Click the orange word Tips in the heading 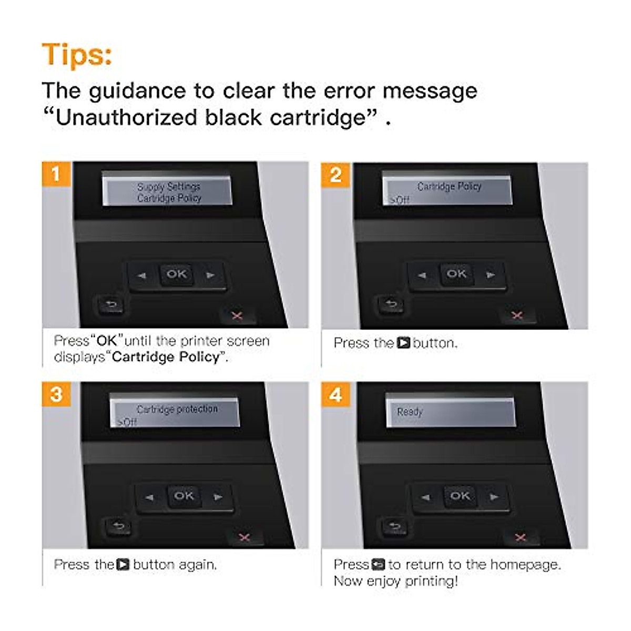click(x=77, y=54)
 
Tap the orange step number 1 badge click(x=56, y=174)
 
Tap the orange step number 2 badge click(x=336, y=175)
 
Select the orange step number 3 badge click(x=56, y=394)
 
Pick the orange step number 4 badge click(x=336, y=394)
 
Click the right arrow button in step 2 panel click(x=490, y=274)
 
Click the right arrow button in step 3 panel click(x=218, y=496)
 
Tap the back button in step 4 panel click(x=395, y=525)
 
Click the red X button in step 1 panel click(x=237, y=315)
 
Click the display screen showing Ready click(x=451, y=411)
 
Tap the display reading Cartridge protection click(x=175, y=412)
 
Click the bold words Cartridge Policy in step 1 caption click(x=166, y=357)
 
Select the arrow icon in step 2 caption click(x=403, y=343)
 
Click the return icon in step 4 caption click(x=378, y=565)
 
